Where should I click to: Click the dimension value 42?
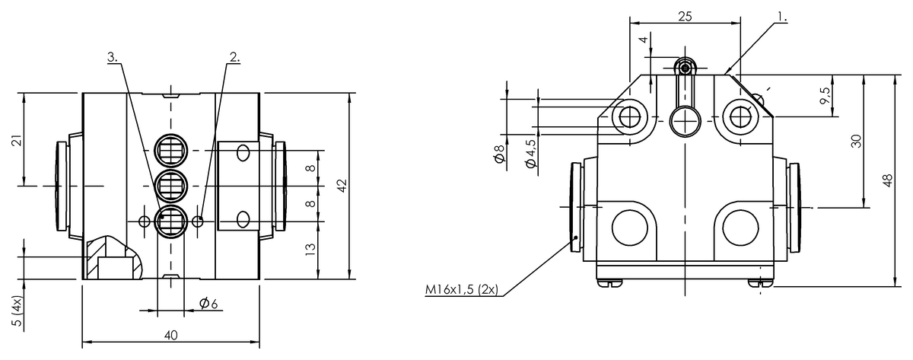point(342,186)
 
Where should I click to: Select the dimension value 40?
point(171,336)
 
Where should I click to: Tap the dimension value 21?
point(17,140)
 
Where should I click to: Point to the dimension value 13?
point(310,249)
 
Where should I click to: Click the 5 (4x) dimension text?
point(17,311)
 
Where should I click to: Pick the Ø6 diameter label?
point(208,303)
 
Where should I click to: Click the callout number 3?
point(113,56)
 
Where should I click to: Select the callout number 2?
point(235,56)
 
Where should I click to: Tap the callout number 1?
point(782,17)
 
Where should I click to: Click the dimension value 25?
point(686,16)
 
